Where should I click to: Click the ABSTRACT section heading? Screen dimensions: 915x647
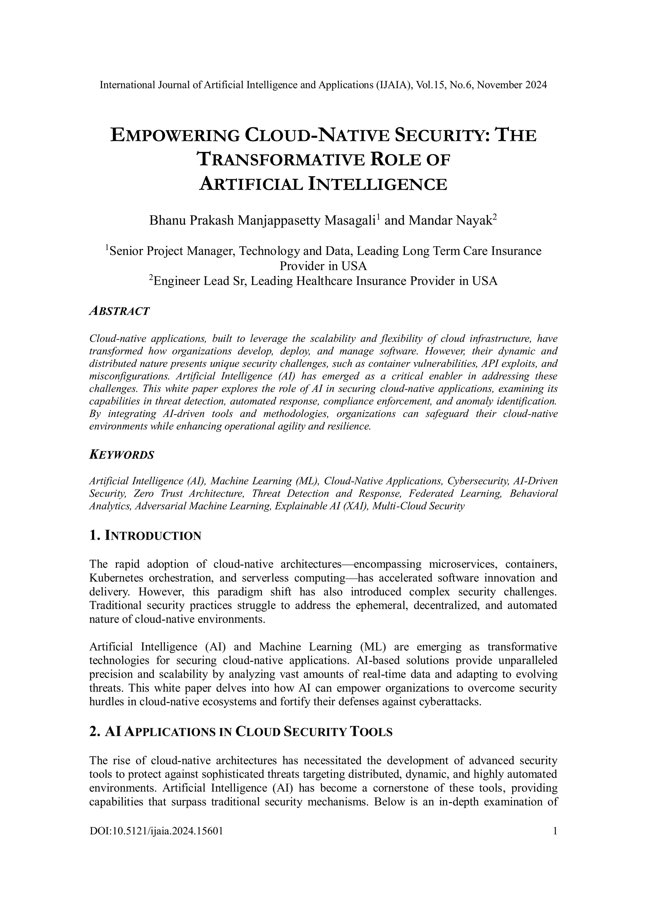click(119, 311)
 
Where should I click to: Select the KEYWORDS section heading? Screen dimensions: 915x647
click(122, 455)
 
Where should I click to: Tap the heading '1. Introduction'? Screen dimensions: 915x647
click(145, 536)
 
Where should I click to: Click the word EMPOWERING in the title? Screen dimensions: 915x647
click(174, 136)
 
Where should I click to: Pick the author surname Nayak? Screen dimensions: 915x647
click(478, 221)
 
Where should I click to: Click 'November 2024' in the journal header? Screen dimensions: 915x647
click(511, 85)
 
